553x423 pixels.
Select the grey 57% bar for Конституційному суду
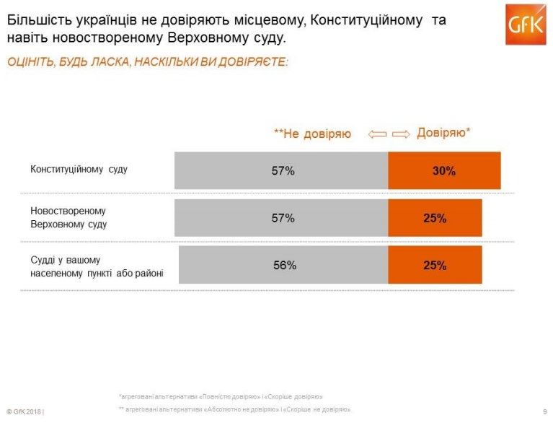point(281,171)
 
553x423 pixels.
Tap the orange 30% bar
point(444,171)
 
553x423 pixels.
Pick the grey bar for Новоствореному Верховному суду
point(281,218)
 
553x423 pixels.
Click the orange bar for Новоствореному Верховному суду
point(435,218)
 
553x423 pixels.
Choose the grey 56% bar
point(283,265)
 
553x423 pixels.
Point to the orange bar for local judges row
point(435,265)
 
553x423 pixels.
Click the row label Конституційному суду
point(79,170)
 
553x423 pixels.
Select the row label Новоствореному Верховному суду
point(68,217)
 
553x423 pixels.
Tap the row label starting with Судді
point(96,266)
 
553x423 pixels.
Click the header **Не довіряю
point(312,134)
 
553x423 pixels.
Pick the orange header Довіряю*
point(444,132)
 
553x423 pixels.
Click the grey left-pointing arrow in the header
point(377,134)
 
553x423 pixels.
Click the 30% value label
point(444,171)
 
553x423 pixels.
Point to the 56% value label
point(285,265)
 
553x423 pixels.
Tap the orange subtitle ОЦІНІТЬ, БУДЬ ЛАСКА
point(147,63)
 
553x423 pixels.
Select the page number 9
point(544,411)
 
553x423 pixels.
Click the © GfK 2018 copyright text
point(25,411)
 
